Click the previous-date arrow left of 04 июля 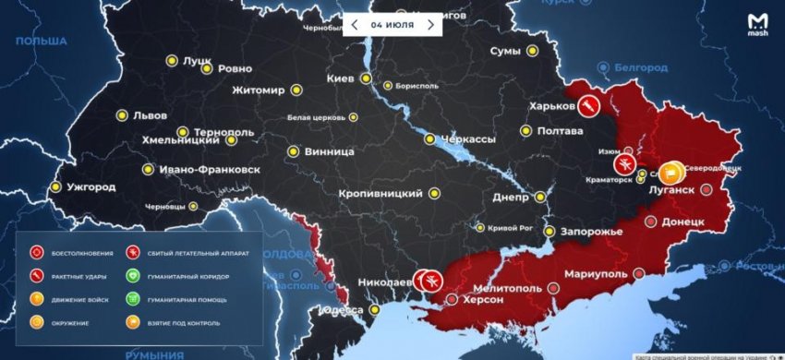click(x=354, y=24)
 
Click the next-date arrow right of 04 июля click(x=429, y=24)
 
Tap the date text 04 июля click(x=392, y=24)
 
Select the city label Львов click(x=151, y=116)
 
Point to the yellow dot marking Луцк click(x=171, y=61)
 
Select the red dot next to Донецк click(x=651, y=222)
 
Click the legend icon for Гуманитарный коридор click(x=134, y=276)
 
